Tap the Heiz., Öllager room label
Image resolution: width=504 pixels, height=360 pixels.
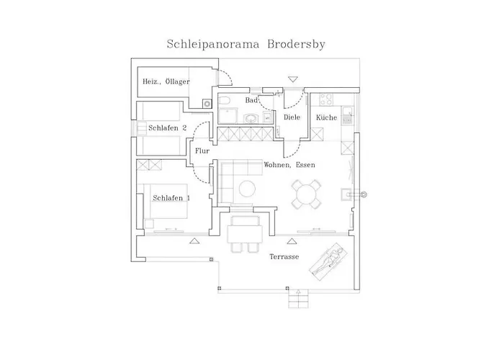point(166,82)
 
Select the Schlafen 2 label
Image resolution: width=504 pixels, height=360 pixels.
point(168,127)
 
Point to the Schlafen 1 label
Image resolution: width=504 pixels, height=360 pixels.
point(171,197)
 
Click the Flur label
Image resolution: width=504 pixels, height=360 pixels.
point(202,150)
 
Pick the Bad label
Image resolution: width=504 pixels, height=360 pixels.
point(251,101)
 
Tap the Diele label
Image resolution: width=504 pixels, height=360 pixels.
point(292,117)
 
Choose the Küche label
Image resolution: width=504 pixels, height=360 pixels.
point(327,117)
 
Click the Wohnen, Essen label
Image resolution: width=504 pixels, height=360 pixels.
point(289,165)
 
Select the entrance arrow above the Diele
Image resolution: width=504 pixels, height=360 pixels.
point(292,78)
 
